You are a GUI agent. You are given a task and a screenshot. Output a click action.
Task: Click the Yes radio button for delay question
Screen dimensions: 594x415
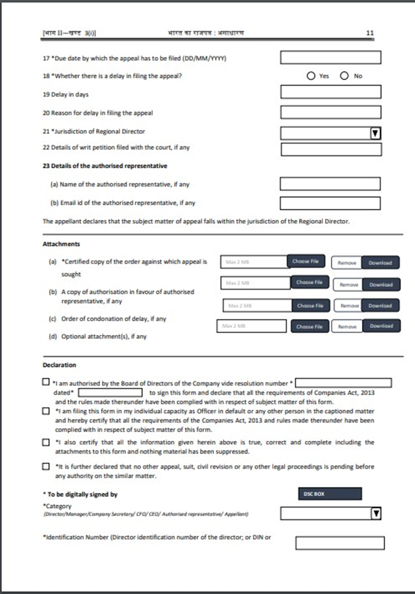(x=311, y=76)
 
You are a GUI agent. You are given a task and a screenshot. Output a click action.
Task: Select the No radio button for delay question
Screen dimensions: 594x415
(x=344, y=76)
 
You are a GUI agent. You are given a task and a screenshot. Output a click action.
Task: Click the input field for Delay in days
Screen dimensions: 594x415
(x=330, y=92)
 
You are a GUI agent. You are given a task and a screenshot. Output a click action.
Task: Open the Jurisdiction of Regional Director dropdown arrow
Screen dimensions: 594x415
(x=376, y=133)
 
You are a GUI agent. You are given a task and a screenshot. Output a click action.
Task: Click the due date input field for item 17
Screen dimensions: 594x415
(x=330, y=58)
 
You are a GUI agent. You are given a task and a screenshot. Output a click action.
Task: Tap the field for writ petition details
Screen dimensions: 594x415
(x=331, y=149)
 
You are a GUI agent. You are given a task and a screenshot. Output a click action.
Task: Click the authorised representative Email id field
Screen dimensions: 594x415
(x=330, y=203)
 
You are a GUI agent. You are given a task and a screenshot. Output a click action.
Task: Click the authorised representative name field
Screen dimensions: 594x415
(x=330, y=184)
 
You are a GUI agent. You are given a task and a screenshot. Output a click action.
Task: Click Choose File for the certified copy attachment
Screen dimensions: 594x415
(x=305, y=262)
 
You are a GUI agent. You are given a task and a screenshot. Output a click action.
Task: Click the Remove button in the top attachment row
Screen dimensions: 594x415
(x=347, y=263)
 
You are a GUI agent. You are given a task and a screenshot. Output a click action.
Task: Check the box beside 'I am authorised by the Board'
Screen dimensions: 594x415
(x=46, y=382)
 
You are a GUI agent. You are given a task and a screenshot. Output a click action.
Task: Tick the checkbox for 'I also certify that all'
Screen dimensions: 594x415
(x=46, y=442)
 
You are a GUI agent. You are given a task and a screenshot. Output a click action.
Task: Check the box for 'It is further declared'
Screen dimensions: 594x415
(x=46, y=467)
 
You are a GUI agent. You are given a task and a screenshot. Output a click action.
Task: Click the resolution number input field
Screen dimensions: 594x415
(x=343, y=383)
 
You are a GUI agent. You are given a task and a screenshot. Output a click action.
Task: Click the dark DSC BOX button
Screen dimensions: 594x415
(x=330, y=494)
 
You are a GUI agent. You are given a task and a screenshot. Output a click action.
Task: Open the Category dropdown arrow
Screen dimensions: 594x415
(x=376, y=514)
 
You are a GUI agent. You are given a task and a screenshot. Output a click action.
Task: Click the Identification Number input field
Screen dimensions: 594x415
(x=339, y=543)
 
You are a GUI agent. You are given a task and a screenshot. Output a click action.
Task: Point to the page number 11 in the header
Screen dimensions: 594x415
(x=369, y=33)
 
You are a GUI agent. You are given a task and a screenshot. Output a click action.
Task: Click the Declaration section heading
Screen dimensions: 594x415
(x=59, y=365)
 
